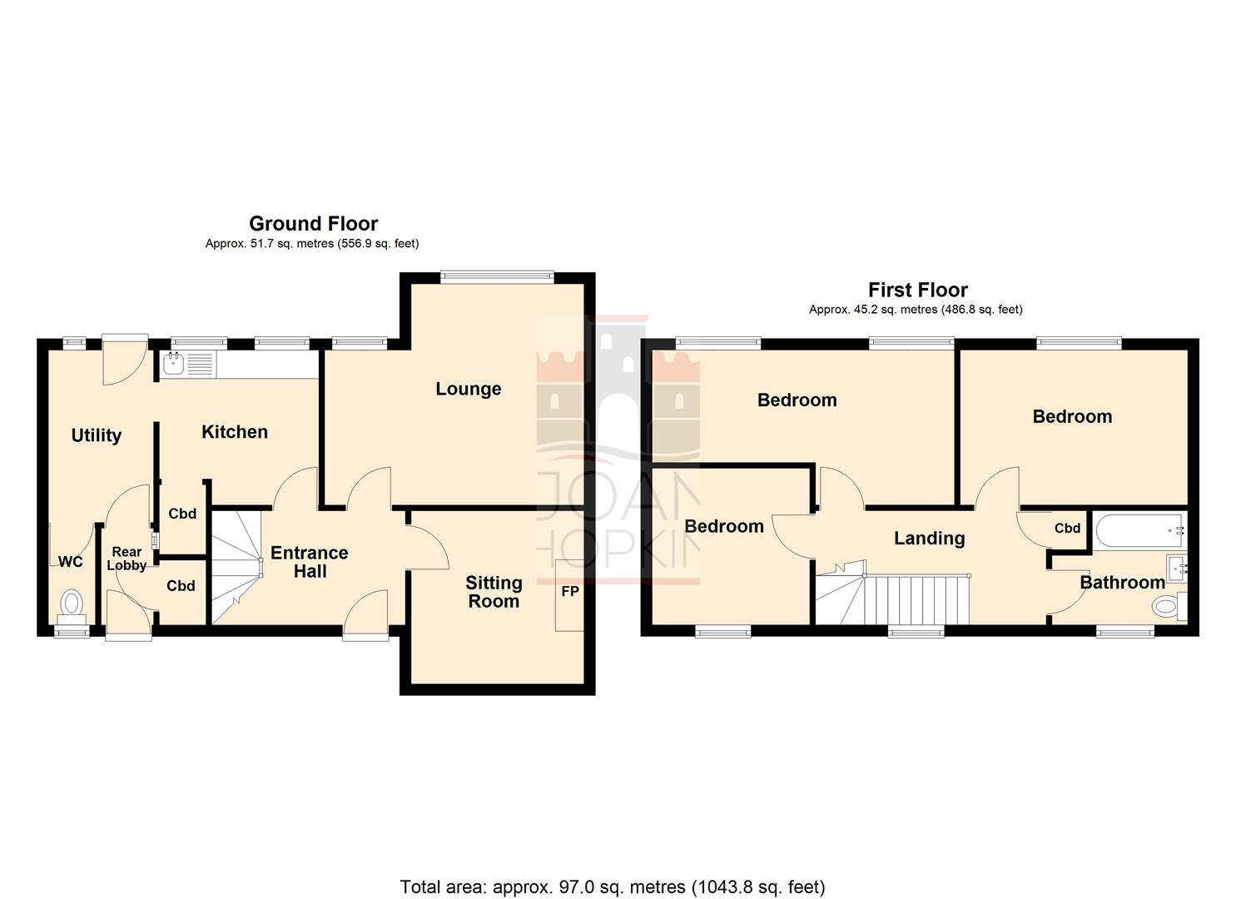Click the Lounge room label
(x=468, y=389)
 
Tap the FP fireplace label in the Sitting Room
(x=570, y=592)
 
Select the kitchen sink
(x=174, y=364)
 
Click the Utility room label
(x=96, y=435)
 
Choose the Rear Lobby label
(x=127, y=559)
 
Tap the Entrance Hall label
(x=310, y=562)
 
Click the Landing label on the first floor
(x=929, y=539)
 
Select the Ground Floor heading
(x=313, y=223)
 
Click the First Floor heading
(x=917, y=290)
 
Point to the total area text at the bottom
(x=612, y=887)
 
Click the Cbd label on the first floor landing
(x=1067, y=528)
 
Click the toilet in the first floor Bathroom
(x=1166, y=607)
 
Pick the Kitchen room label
(x=235, y=431)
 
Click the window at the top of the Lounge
(x=496, y=277)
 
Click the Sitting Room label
(x=494, y=592)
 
